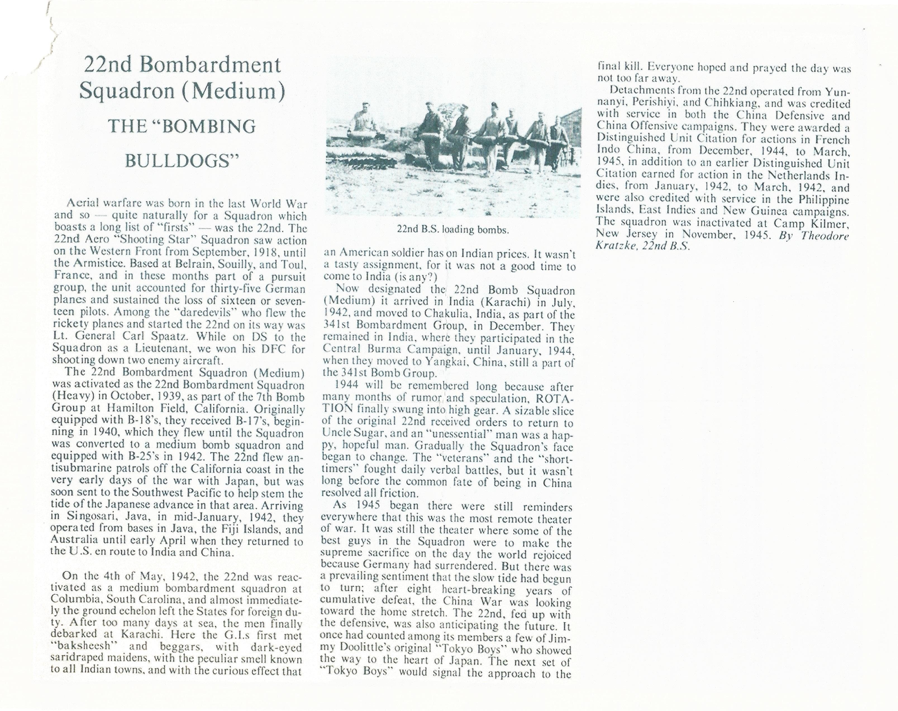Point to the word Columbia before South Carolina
point(76,599)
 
